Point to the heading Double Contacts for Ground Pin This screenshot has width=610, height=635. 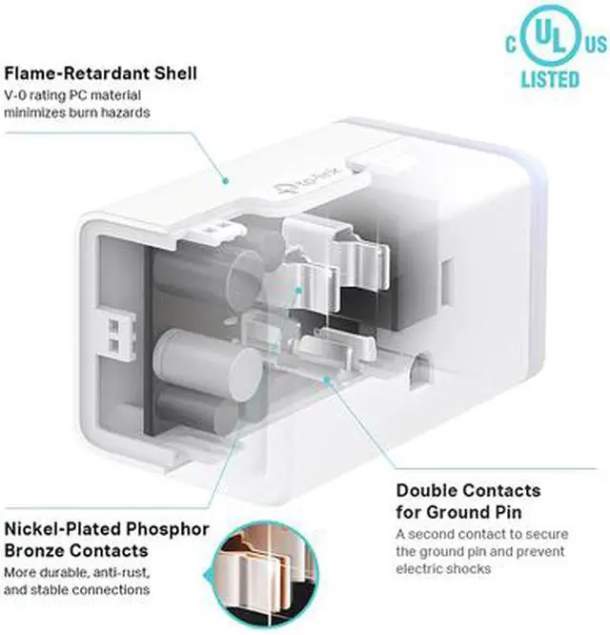pyautogui.click(x=468, y=501)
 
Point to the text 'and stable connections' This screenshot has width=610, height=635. pyautogui.click(x=75, y=590)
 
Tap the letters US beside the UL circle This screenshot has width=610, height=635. pyautogui.click(x=595, y=44)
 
